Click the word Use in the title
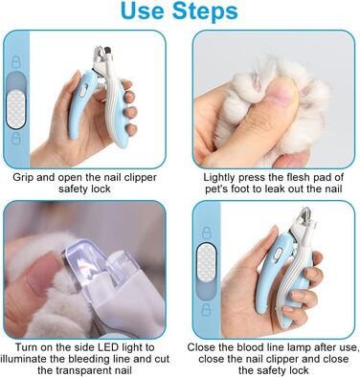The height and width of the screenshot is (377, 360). tap(143, 11)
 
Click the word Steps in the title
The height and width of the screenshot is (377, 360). tap(205, 12)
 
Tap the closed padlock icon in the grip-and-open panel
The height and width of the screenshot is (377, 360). tap(16, 62)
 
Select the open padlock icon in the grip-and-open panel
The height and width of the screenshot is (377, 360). tap(16, 139)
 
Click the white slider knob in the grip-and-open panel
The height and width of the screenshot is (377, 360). tap(16, 109)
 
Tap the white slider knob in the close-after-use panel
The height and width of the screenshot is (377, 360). tap(207, 262)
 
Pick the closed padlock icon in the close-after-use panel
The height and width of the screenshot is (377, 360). tap(207, 233)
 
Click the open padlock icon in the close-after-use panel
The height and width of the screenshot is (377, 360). tap(207, 309)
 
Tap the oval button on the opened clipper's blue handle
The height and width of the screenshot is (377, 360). tap(82, 91)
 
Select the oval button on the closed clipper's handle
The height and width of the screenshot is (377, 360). tap(276, 254)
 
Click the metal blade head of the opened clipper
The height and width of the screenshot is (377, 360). tap(102, 54)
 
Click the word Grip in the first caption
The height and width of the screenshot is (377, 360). tap(23, 178)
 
